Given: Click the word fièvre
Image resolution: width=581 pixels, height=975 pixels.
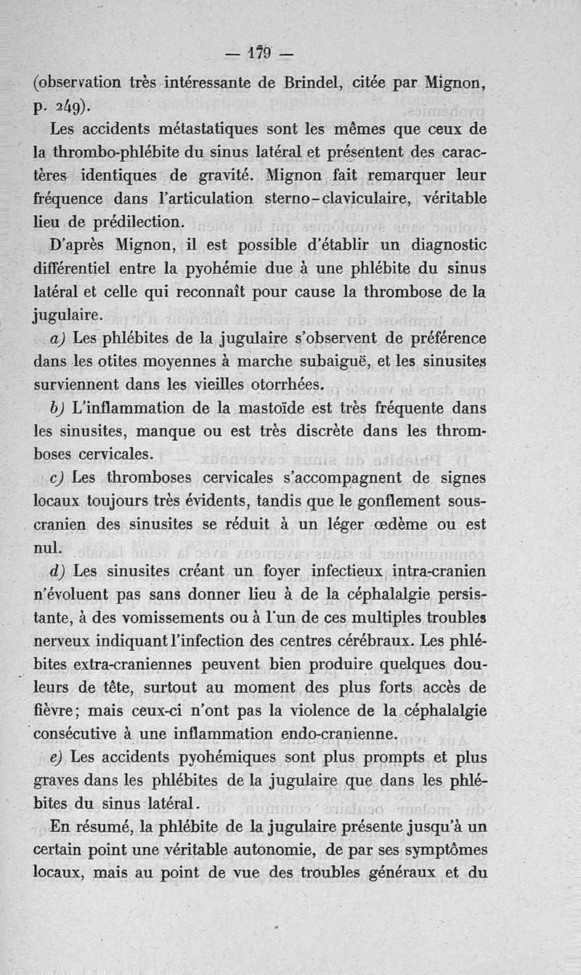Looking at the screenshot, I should pyautogui.click(x=57, y=711).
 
